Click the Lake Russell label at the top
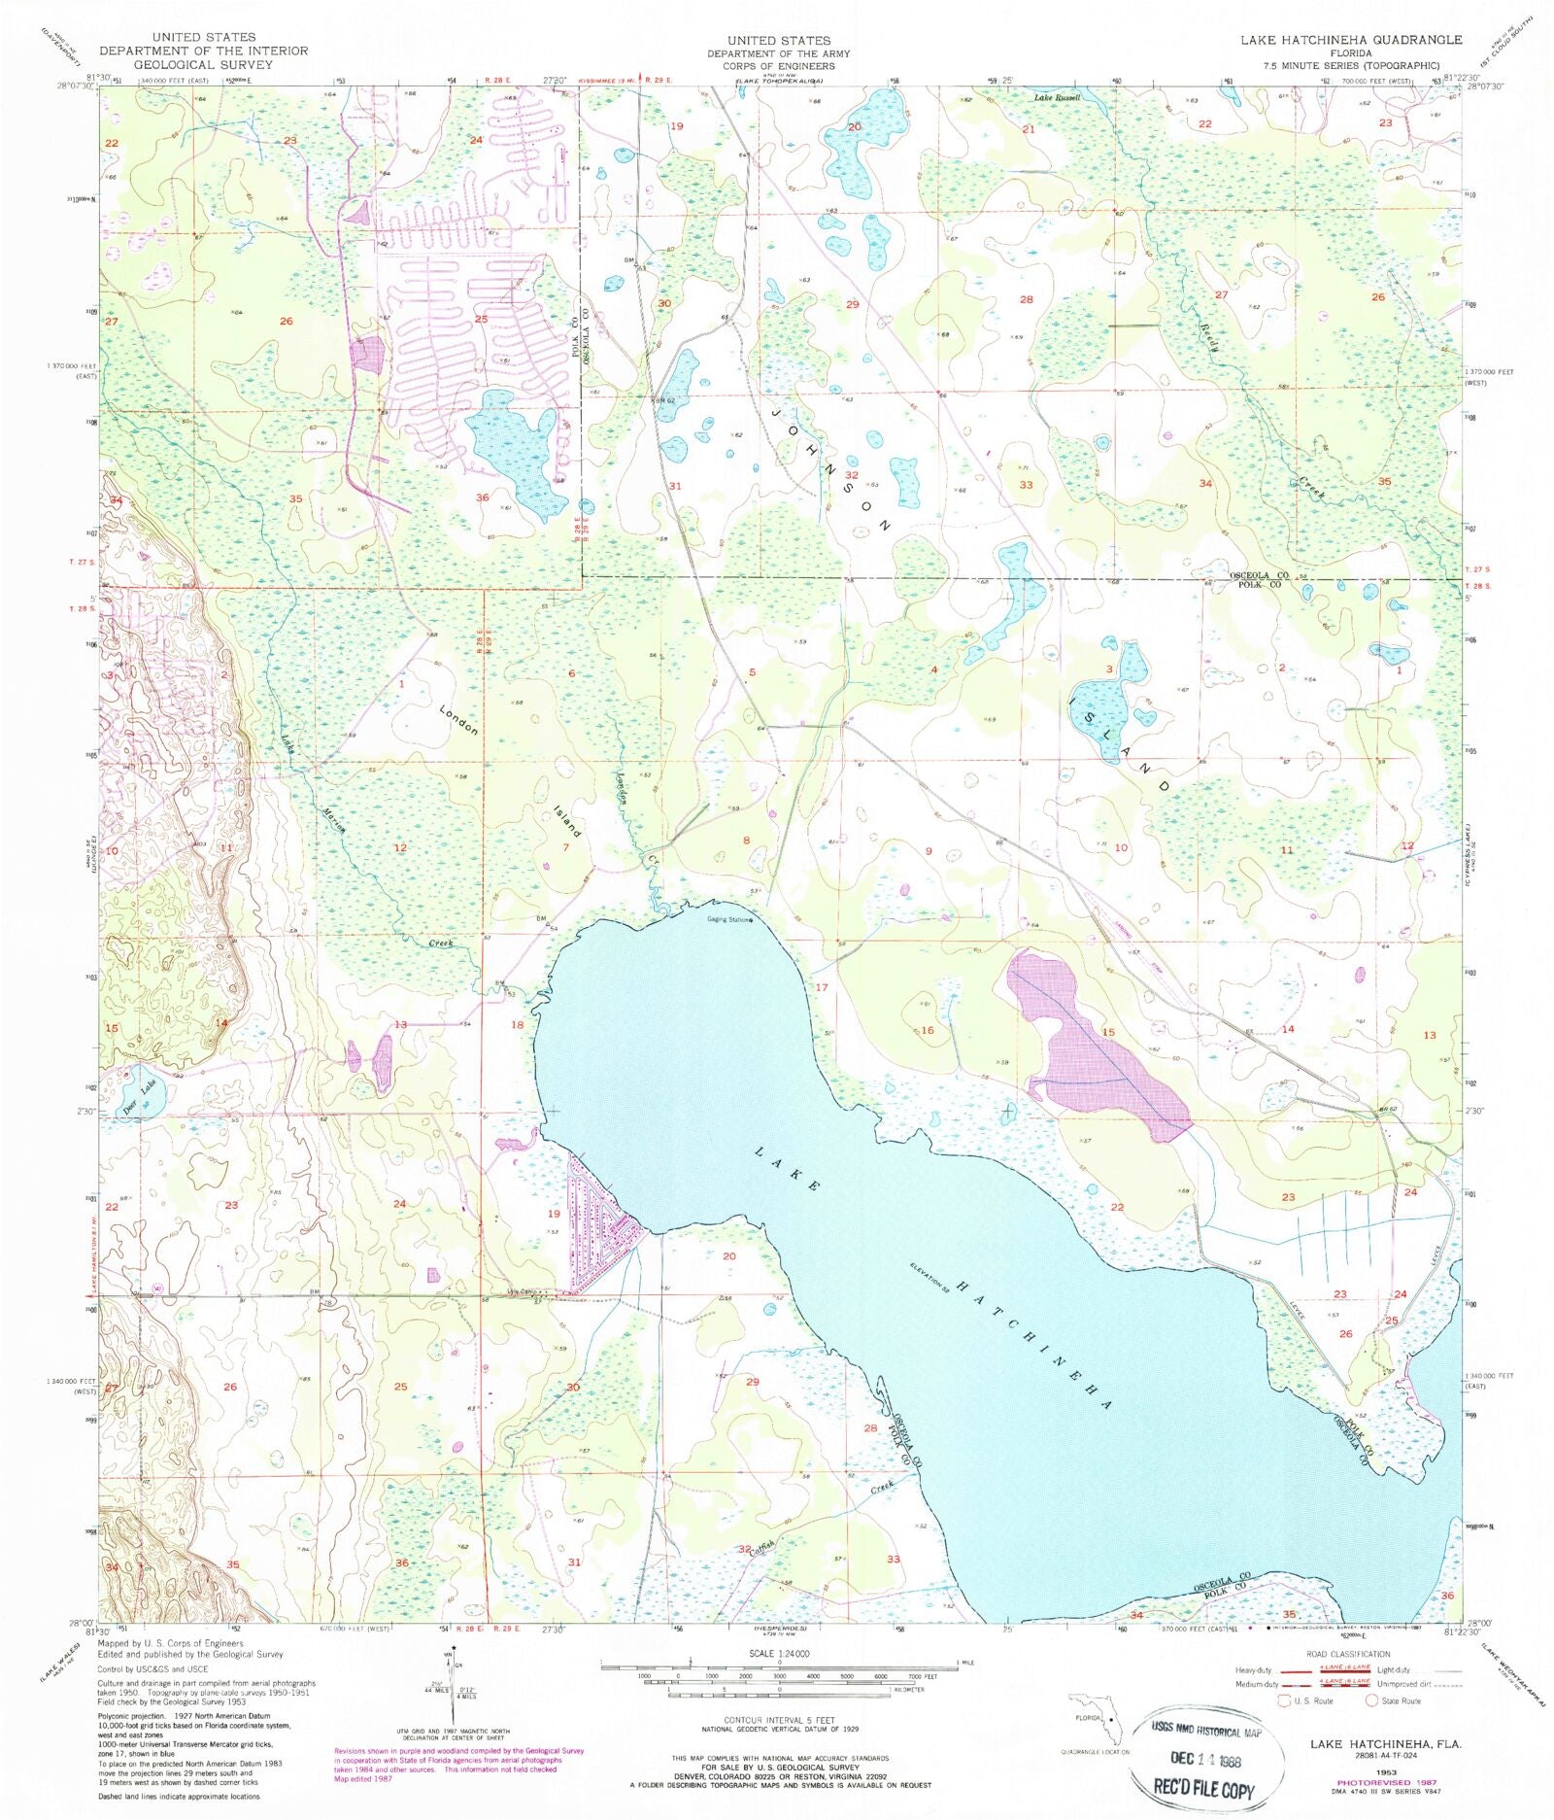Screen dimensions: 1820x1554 tap(1056, 98)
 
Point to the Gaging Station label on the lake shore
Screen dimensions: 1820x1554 tap(728, 920)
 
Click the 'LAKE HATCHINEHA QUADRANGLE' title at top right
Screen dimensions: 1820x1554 tap(1350, 40)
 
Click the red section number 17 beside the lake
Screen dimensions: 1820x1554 tap(822, 987)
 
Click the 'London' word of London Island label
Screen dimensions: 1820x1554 tap(458, 719)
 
